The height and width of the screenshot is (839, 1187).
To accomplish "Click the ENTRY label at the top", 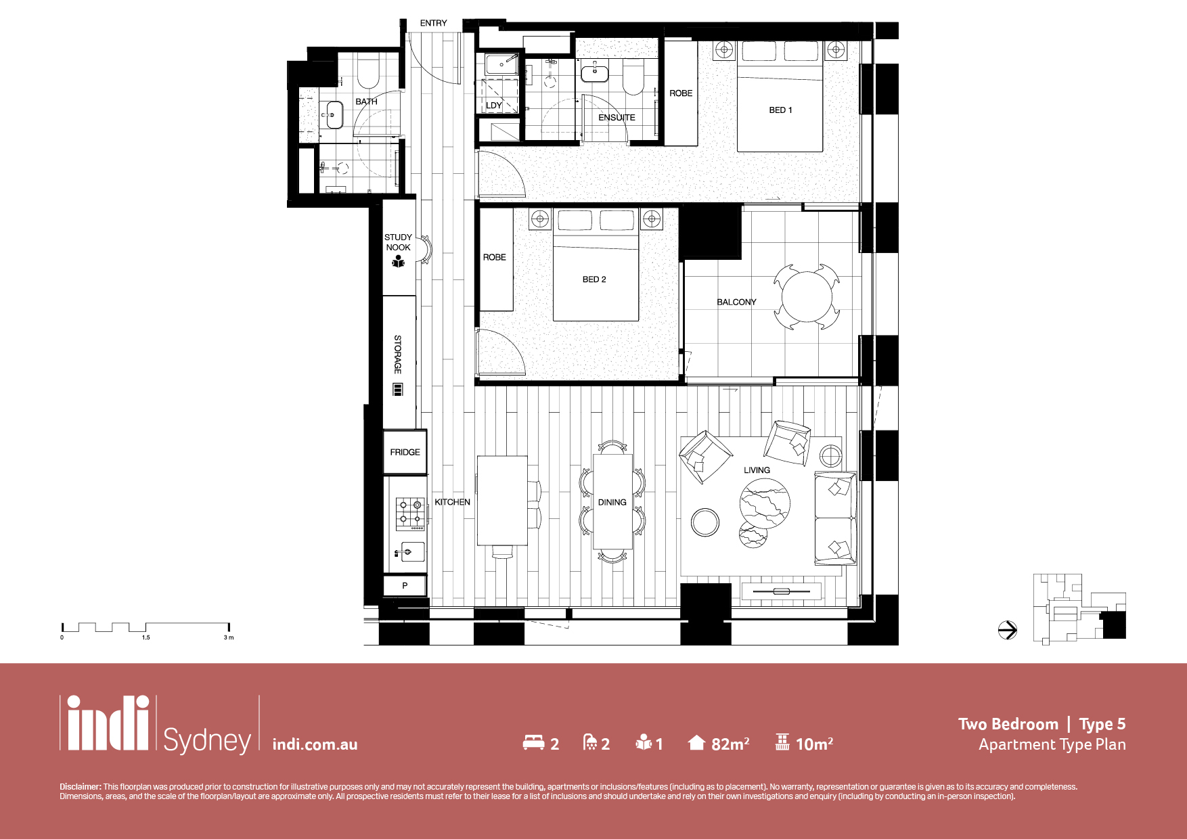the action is point(433,23).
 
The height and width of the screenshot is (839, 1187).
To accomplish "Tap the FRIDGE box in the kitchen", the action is point(405,452).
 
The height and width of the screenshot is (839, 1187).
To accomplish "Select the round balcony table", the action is point(807,296).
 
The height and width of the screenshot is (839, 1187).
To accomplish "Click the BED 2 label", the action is point(594,279).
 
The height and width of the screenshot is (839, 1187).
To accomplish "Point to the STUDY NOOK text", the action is point(398,242).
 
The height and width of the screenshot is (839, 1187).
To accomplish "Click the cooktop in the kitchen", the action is point(410,514).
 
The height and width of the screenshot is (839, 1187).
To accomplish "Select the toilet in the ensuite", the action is point(633,78).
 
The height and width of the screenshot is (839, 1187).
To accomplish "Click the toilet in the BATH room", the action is point(367,73).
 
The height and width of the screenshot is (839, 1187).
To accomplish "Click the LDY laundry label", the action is point(494,106).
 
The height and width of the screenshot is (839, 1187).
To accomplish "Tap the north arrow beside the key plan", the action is point(1008,630).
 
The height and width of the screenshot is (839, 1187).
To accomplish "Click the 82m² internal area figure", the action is point(730,744).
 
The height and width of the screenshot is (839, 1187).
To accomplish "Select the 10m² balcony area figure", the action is point(814,744).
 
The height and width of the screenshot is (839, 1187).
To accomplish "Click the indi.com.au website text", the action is point(315,744).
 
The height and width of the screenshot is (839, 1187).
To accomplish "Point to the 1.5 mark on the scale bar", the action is point(146,637).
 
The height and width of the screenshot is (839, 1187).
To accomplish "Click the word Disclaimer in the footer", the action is point(80,787).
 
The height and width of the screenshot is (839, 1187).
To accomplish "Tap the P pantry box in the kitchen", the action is point(405,585).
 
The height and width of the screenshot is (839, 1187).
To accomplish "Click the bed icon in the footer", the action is point(534,742).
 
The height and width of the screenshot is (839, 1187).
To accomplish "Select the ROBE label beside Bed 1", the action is point(681,93).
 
